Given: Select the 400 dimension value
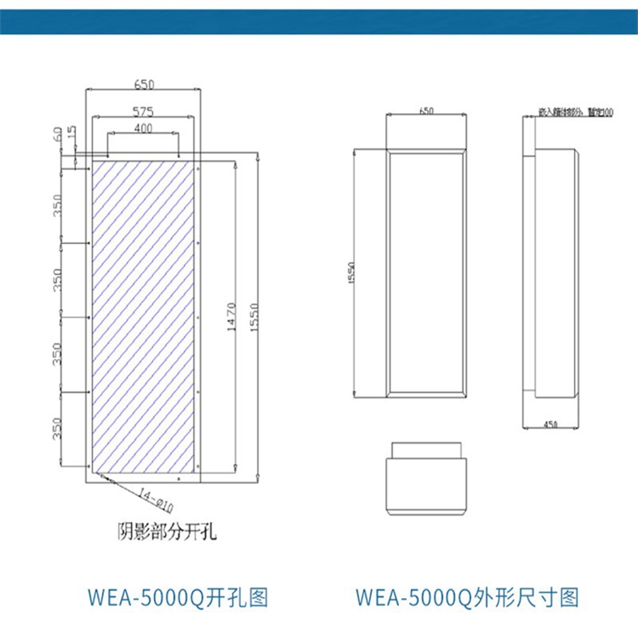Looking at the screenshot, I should (x=143, y=128).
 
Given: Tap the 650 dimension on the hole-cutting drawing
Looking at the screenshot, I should (x=144, y=84).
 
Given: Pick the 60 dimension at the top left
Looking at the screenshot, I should (x=58, y=134).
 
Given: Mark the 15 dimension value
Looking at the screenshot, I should (x=72, y=134).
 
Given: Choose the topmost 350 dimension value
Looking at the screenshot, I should (x=58, y=206).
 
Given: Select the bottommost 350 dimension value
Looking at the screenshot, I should (x=58, y=429).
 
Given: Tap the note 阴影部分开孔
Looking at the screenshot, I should (x=167, y=533).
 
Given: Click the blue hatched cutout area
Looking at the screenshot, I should (x=143, y=315).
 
